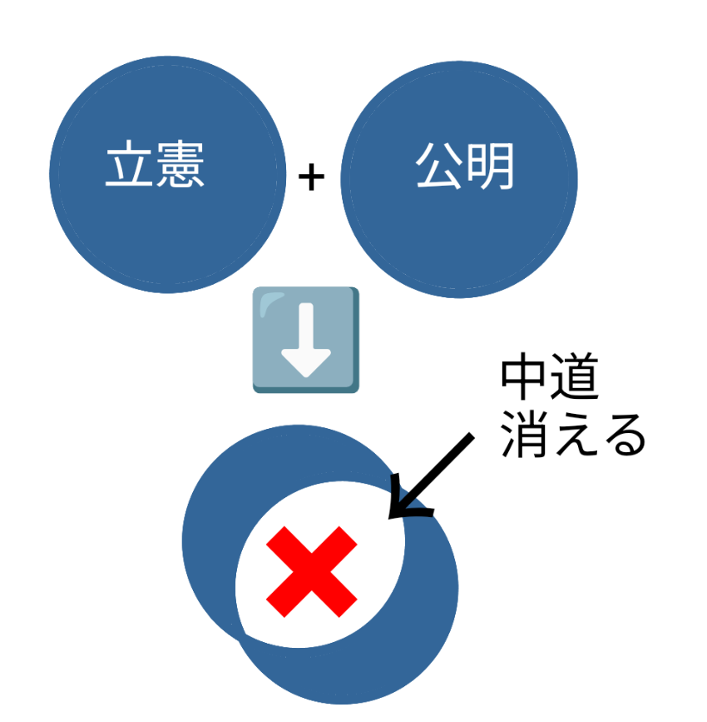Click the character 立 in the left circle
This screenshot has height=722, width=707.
coord(129,163)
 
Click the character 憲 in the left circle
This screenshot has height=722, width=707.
coord(180,163)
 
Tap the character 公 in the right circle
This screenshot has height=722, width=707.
coord(439,166)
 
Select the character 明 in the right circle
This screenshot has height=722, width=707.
coord(490,167)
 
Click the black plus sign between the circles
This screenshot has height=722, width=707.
coord(311,177)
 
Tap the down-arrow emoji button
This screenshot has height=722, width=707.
coord(306,340)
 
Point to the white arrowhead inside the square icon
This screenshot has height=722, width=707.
coord(306,363)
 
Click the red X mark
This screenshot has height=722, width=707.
coord(312,571)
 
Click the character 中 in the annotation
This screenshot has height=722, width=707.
coord(522,376)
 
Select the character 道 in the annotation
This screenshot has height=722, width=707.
coord(575,376)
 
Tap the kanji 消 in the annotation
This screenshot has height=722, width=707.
coord(524,434)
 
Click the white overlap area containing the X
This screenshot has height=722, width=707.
coord(320,564)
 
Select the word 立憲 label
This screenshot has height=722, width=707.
coord(155,163)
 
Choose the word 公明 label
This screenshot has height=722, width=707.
coord(465,167)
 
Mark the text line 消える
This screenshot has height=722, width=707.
coord(573,435)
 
